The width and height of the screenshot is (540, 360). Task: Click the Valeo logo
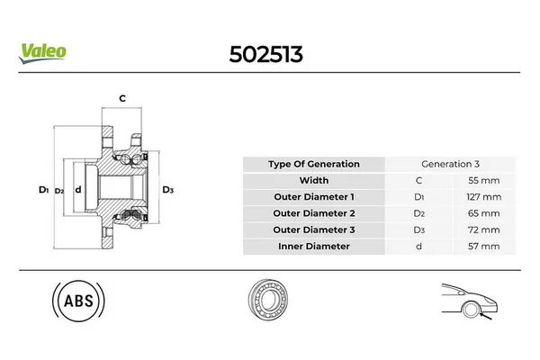(x=42, y=53)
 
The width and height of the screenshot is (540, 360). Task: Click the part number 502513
(x=265, y=54)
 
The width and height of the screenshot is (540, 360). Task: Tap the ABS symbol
(x=78, y=301)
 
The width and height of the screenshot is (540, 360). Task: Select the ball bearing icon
(x=268, y=300)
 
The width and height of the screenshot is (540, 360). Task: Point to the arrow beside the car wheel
(x=486, y=316)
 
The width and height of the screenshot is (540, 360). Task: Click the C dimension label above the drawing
(x=122, y=98)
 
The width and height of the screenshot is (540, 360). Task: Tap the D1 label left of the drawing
(x=44, y=190)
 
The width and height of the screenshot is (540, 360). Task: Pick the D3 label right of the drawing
(x=168, y=190)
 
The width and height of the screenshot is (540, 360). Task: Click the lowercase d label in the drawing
(x=78, y=189)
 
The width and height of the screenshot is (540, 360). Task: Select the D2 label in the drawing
(x=59, y=191)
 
